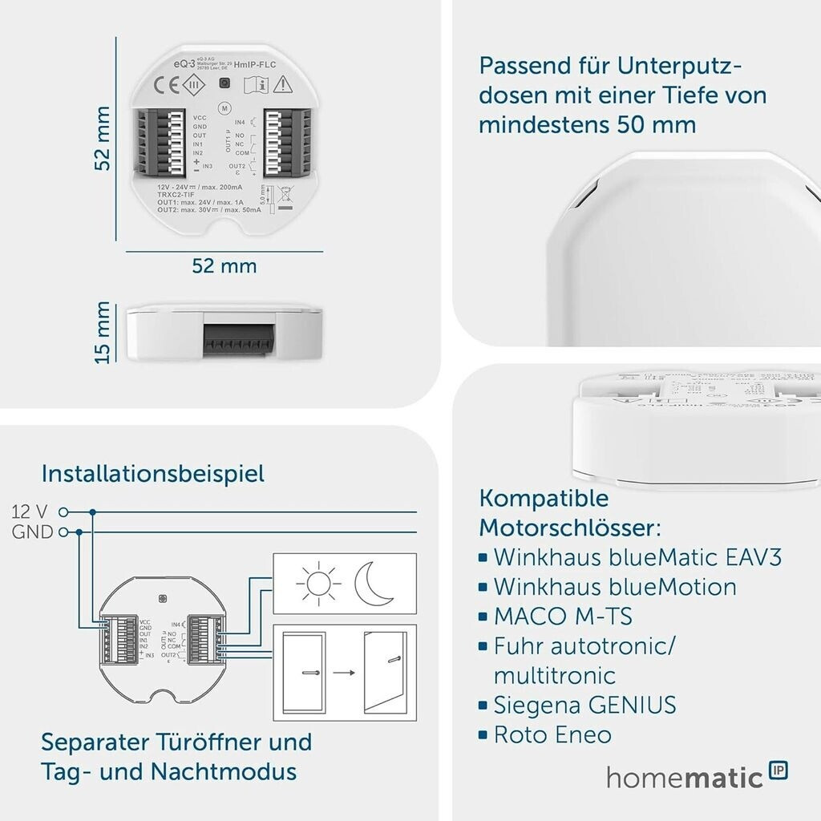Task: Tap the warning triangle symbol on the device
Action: tap(281, 84)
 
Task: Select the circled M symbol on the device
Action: tap(224, 107)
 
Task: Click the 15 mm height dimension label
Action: tap(103, 332)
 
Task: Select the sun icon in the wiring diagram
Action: tap(313, 583)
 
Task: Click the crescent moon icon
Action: tap(374, 583)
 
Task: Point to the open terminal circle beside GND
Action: tap(63, 532)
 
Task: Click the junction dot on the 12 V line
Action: tap(93, 512)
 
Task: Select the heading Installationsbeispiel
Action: tap(152, 473)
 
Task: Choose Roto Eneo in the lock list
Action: tap(552, 734)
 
